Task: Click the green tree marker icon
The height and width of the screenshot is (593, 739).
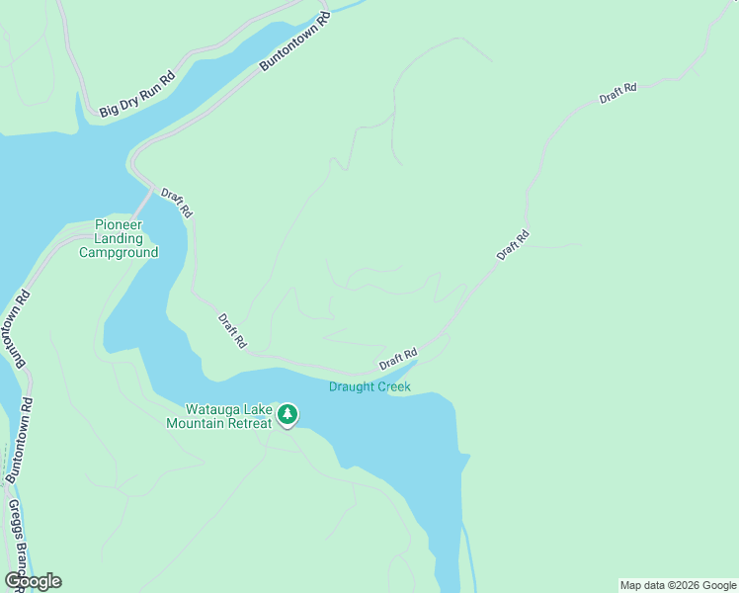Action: coord(287,414)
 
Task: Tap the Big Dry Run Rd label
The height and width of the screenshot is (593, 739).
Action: coord(136,94)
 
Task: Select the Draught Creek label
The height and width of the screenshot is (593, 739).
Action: coord(369,386)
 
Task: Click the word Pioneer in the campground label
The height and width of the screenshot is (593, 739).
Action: coord(119,224)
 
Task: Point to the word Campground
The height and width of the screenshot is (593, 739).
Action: coord(119,252)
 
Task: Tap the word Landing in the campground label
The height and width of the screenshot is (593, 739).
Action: coord(119,238)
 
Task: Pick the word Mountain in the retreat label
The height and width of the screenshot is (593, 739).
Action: coord(194,423)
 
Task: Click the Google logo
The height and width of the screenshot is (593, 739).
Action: coord(33,580)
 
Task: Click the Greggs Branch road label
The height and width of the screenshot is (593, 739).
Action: coord(16,544)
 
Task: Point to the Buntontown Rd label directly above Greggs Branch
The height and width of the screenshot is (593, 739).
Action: coord(20,440)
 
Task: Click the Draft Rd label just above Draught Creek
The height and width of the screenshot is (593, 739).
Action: coord(397,359)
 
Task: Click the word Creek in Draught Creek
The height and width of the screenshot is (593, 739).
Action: coord(391,386)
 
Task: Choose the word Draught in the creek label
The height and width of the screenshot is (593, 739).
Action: coord(351,386)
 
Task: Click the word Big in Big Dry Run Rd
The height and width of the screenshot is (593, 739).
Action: coord(107,110)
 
